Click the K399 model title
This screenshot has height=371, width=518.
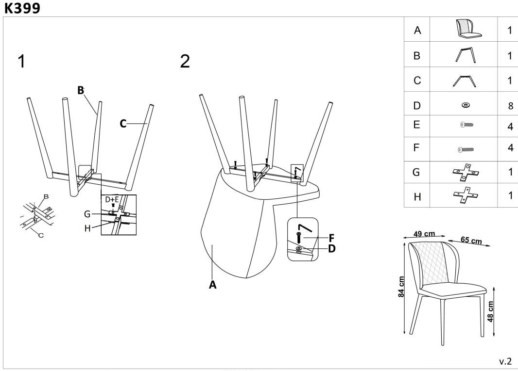click(x=22, y=8)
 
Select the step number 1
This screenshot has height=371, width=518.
click(x=21, y=61)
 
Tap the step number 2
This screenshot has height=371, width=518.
click(x=185, y=61)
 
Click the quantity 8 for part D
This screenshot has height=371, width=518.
click(x=510, y=106)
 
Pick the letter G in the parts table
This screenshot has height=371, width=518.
click(x=416, y=172)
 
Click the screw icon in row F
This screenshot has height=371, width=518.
click(x=466, y=149)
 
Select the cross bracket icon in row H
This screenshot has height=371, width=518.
click(x=466, y=194)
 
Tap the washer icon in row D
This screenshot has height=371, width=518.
click(x=466, y=105)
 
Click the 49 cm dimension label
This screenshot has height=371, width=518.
click(x=424, y=234)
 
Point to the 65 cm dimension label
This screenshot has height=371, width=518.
click(x=471, y=240)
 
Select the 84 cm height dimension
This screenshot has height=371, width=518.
click(x=401, y=287)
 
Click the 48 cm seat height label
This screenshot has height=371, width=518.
click(x=490, y=311)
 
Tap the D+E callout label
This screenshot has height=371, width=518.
click(x=112, y=199)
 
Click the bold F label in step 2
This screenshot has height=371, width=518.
click(x=332, y=238)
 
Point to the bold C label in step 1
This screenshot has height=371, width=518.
click(x=123, y=124)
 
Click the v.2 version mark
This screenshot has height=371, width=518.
click(x=505, y=361)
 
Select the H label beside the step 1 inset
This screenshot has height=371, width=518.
click(x=87, y=228)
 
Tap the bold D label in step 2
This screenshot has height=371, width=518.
click(x=332, y=248)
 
